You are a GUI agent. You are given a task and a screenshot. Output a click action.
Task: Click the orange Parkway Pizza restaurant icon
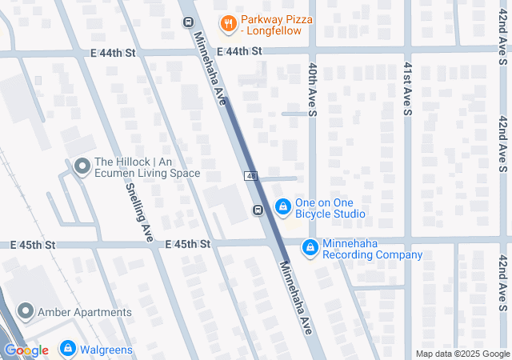228,23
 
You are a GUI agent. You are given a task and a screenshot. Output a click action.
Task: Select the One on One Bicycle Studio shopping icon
282,207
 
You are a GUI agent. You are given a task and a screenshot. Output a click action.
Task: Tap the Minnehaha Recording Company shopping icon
310,249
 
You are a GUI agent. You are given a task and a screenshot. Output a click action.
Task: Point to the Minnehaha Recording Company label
372,250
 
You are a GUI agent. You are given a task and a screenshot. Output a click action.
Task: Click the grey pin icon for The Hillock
81,166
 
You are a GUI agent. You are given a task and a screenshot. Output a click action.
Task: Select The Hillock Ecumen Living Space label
146,167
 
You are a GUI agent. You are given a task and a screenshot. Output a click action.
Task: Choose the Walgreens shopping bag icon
69,349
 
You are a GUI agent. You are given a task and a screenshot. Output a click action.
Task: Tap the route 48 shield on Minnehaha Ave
250,175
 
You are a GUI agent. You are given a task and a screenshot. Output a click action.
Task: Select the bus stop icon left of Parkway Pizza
187,22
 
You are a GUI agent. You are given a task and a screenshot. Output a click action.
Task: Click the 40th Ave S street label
313,88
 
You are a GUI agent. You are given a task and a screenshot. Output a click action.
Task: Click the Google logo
26,350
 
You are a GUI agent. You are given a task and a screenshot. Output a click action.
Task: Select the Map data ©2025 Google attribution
462,354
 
